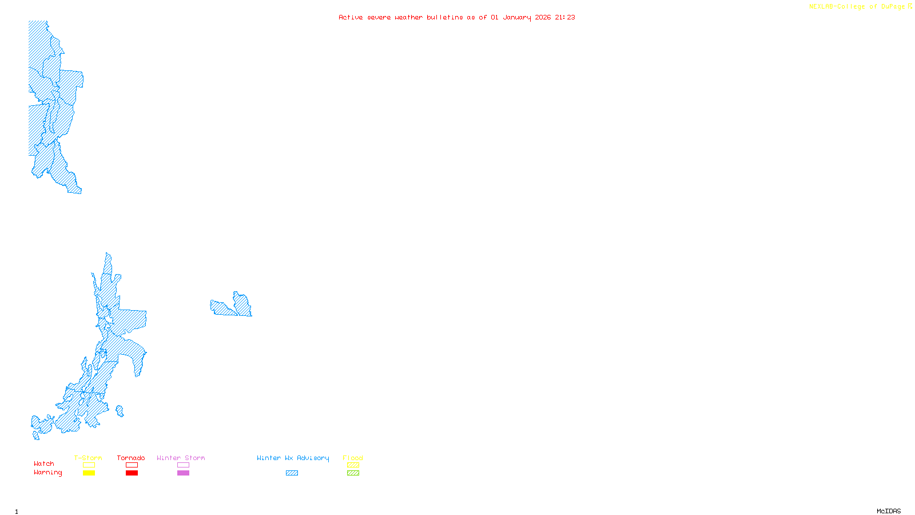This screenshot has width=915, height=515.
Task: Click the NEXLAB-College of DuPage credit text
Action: pos(860,7)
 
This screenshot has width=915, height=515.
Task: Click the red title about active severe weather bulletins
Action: pos(456,17)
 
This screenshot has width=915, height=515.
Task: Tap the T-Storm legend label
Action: pos(88,458)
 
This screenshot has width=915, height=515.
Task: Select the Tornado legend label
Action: pos(131,458)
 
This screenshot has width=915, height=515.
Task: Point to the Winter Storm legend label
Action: pos(181,458)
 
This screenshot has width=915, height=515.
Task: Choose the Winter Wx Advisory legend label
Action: pos(293,458)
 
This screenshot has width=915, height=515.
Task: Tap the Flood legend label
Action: pos(353,458)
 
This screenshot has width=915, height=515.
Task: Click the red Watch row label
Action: pos(44,463)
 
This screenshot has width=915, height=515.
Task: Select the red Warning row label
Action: pos(48,473)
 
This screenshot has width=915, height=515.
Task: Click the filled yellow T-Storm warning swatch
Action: pos(89,473)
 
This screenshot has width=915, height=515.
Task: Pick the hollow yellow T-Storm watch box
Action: pos(89,465)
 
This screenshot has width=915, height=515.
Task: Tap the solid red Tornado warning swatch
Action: pos(132,473)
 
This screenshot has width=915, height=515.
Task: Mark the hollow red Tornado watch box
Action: pos(132,465)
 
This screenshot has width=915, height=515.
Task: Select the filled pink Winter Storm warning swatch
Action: pos(183,473)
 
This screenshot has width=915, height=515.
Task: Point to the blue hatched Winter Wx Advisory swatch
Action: pos(292,473)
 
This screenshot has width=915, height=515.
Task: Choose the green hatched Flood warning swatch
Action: pos(353,473)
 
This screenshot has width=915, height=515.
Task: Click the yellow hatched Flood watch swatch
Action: pos(353,465)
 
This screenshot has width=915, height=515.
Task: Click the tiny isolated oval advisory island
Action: pos(120,411)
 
